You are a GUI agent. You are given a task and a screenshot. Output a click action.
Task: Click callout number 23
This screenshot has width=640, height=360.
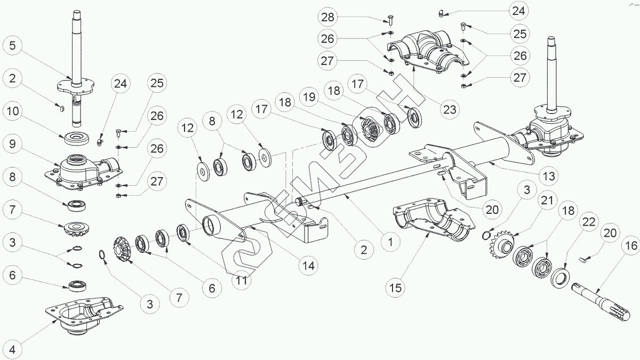pyautogui.click(x=450, y=109)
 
